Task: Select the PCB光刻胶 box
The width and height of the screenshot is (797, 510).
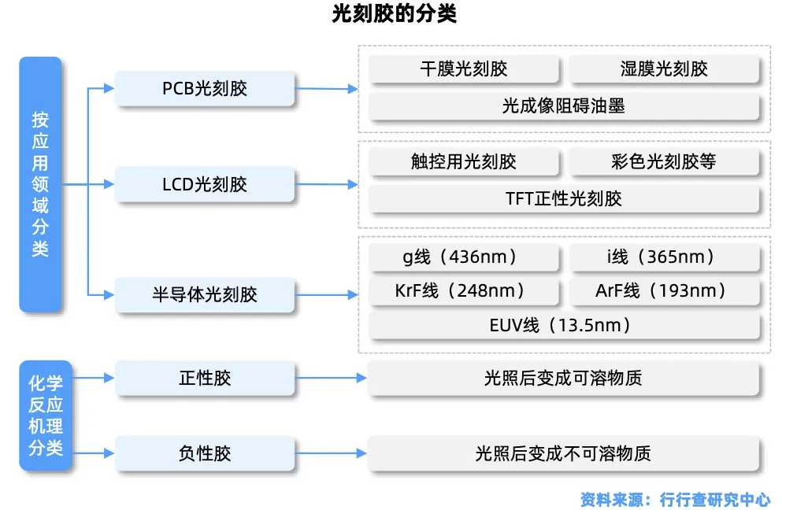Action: coord(205,88)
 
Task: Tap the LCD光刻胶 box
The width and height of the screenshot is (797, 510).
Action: coord(205,184)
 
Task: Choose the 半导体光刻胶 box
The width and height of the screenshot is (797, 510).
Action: coord(205,295)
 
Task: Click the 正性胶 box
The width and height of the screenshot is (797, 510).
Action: coord(205,378)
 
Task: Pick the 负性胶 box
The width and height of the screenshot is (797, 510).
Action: coord(205,453)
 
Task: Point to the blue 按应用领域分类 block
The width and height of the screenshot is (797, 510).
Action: coord(40,184)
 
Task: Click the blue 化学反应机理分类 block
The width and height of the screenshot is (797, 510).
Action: coord(46,416)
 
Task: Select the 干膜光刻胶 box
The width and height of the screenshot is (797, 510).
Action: coord(464,68)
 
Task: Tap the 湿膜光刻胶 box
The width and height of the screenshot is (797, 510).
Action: coord(664,68)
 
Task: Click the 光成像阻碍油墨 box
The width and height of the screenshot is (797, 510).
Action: coord(564,105)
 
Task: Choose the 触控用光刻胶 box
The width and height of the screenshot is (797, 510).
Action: coord(464,161)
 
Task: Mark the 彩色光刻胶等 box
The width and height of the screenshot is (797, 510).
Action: coord(664,161)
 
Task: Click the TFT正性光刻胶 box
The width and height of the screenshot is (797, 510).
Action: coord(564,198)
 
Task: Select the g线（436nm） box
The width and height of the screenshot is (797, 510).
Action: coord(464,257)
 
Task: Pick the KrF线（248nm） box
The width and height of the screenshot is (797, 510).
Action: coord(464,291)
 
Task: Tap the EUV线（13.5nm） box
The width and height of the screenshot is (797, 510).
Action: coord(564,325)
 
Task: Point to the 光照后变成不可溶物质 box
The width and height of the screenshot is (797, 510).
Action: coord(564,453)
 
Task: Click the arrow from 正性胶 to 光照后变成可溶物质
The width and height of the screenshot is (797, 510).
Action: coord(331,378)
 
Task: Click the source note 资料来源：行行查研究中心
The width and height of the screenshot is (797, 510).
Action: coord(675,499)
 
